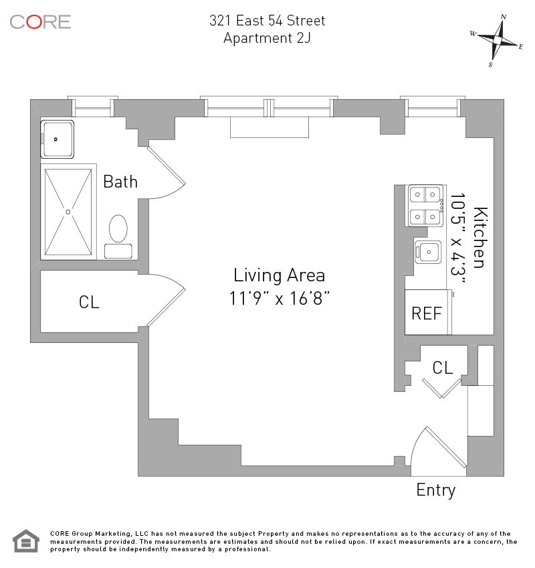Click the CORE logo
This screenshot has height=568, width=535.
(40, 21)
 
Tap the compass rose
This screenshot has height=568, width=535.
(497, 40)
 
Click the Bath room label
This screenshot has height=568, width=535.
(120, 182)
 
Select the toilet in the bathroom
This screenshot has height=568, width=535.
(118, 228)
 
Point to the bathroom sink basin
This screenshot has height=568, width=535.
(57, 139)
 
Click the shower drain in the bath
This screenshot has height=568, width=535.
(68, 212)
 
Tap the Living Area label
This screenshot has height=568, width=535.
(279, 275)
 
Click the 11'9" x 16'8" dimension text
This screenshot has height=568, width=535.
(279, 298)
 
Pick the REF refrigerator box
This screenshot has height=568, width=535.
(427, 312)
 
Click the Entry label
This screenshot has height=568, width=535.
(435, 490)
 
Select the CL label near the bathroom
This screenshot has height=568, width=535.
(89, 302)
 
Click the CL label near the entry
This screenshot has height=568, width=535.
(443, 367)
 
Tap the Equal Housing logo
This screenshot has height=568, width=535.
(27, 541)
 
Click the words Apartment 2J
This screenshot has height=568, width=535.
(267, 38)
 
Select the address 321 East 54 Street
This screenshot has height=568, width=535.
(267, 21)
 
